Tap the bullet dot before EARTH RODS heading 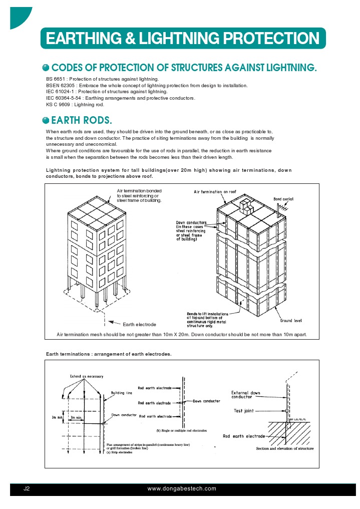point(46,120)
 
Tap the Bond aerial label point(283,199)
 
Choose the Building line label point(121,393)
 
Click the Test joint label point(244,411)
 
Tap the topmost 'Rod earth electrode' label point(155,388)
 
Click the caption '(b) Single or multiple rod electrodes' point(182,430)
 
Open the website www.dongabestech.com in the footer point(182,488)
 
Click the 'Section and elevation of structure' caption point(285,448)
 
